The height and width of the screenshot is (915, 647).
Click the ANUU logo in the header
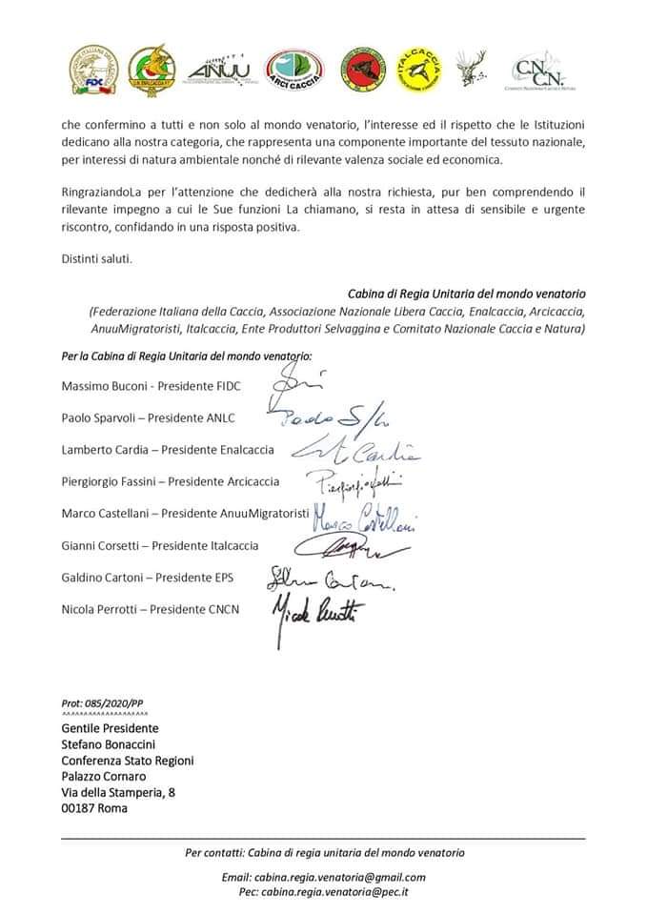tap(218, 71)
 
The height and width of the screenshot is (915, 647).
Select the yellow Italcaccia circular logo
tap(418, 69)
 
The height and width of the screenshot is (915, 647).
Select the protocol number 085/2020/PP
tap(114, 702)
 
